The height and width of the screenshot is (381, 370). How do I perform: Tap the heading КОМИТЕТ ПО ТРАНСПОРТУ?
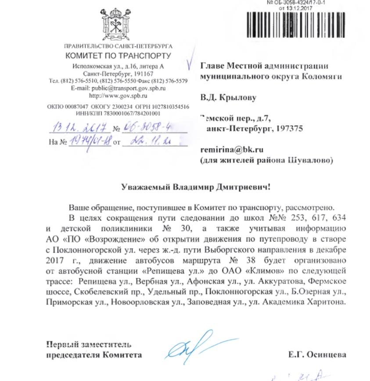[118, 56]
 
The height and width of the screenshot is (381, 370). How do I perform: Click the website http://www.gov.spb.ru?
[118, 95]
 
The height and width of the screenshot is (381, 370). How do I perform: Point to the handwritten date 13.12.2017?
[80, 128]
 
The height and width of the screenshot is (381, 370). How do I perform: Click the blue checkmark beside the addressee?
[189, 63]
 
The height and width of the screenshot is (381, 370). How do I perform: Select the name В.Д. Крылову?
[228, 97]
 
